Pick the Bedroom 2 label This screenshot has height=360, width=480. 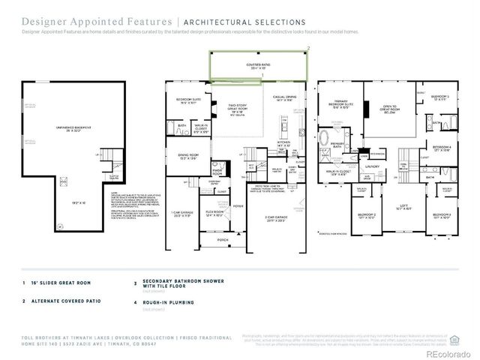pos(366,216)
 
